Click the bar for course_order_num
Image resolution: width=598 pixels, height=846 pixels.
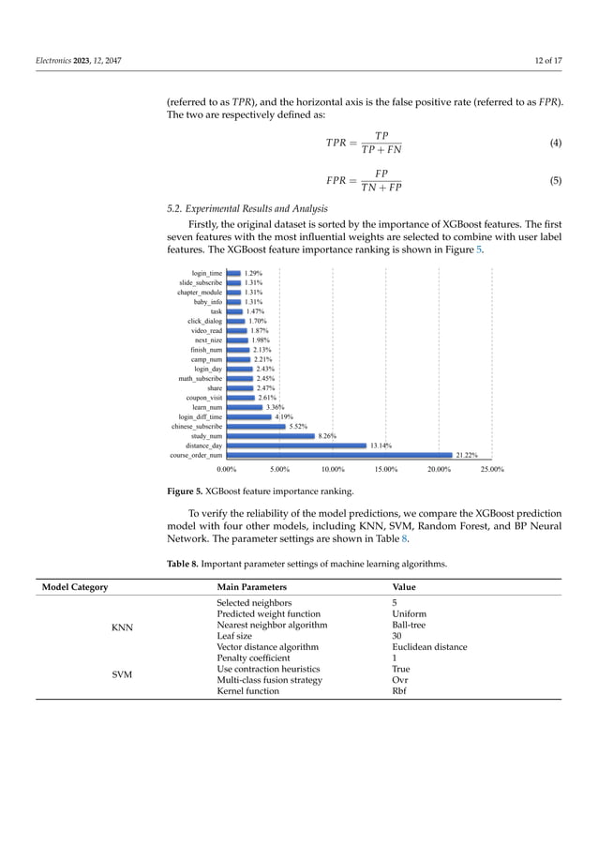click(x=339, y=455)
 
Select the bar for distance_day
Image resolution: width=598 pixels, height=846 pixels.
click(x=296, y=446)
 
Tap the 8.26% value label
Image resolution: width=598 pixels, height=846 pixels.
click(x=327, y=436)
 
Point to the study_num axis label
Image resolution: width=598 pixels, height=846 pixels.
click(x=206, y=436)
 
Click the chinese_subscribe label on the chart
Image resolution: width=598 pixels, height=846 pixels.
click(x=197, y=427)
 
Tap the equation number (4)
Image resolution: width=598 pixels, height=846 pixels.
click(x=556, y=143)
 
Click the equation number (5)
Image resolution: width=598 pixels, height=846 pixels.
click(x=556, y=180)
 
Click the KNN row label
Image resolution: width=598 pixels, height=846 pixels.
click(x=120, y=627)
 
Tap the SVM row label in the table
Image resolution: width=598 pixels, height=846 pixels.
click(x=120, y=674)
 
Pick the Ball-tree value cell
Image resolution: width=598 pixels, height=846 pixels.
click(x=409, y=625)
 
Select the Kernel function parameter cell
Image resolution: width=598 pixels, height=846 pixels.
click(x=247, y=691)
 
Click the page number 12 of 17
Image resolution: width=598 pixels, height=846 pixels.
click(x=543, y=61)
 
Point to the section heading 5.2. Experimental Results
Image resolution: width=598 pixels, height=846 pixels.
click(x=247, y=208)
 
